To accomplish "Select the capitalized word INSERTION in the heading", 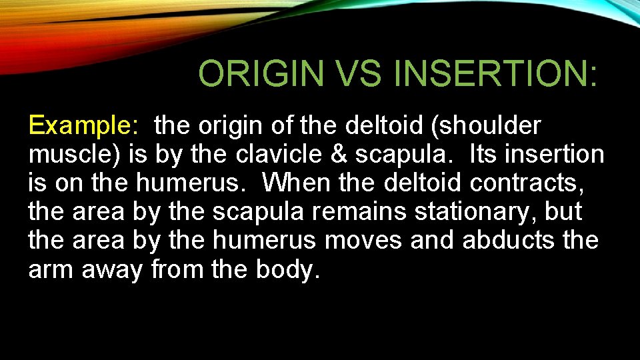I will [x=495, y=73].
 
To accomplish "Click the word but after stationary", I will [x=563, y=212].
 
